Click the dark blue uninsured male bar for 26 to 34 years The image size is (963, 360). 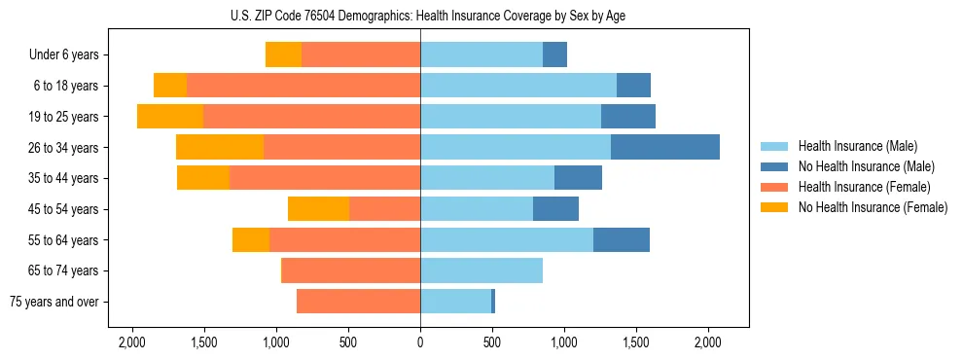click(665, 147)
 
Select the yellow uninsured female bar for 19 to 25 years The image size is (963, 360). click(170, 117)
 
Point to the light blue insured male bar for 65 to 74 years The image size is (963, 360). click(481, 270)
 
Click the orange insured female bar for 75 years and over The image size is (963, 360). click(358, 302)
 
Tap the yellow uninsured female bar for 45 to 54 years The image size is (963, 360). click(318, 209)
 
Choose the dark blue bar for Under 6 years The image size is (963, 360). click(554, 54)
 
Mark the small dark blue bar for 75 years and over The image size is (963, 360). click(493, 302)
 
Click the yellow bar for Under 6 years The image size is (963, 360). click(283, 54)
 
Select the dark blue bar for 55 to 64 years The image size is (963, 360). click(622, 239)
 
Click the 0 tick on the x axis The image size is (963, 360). click(420, 342)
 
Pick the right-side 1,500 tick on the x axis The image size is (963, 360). click(636, 342)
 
